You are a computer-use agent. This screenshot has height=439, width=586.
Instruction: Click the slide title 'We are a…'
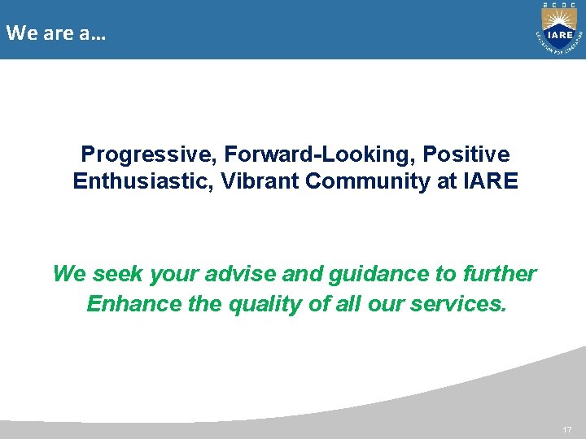click(55, 34)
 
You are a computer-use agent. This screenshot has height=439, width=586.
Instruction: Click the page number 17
click(567, 428)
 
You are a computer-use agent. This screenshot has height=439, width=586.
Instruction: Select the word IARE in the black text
click(491, 180)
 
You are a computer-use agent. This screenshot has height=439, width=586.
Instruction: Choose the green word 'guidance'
click(373, 274)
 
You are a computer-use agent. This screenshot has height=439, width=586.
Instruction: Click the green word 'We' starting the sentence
click(68, 274)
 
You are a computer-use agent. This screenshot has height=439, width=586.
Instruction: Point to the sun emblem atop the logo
click(559, 17)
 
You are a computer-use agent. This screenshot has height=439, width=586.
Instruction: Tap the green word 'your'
click(169, 274)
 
